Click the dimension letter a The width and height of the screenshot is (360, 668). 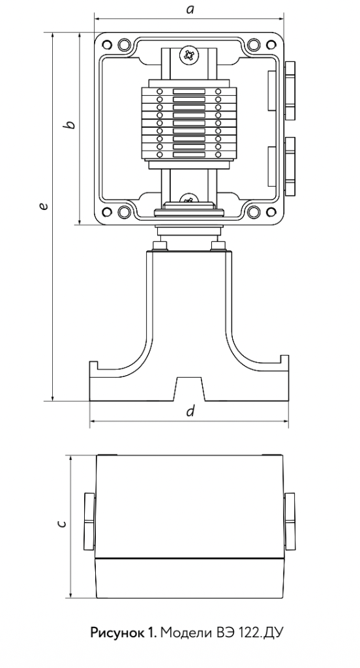pos(190,10)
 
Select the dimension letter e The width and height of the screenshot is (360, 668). pos(42,206)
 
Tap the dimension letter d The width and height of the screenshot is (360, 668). pos(190,412)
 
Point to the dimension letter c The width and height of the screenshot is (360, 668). pos(62,523)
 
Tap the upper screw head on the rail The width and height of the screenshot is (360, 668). pos(188,55)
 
